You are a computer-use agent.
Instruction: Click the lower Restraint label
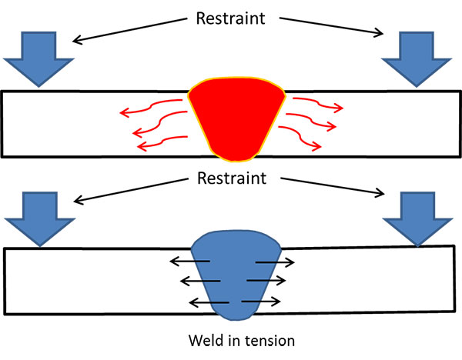pyautogui.click(x=230, y=179)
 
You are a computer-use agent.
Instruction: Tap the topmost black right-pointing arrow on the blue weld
pyautogui.click(x=273, y=262)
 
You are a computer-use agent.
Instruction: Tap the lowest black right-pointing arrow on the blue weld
pyautogui.click(x=265, y=302)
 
